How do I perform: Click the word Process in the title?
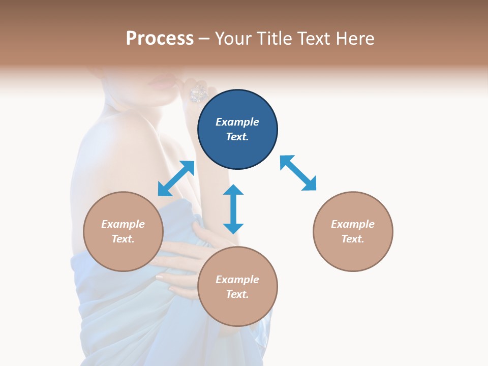(160, 39)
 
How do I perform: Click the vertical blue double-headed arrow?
(233, 209)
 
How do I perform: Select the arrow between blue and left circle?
(176, 178)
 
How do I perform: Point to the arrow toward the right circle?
(298, 173)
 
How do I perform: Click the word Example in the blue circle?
(237, 122)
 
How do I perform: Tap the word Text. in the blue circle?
(237, 137)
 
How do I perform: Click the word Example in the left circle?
(123, 224)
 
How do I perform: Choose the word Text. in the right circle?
(353, 239)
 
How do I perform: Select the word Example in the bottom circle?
(237, 280)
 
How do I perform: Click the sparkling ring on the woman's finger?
(199, 93)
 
